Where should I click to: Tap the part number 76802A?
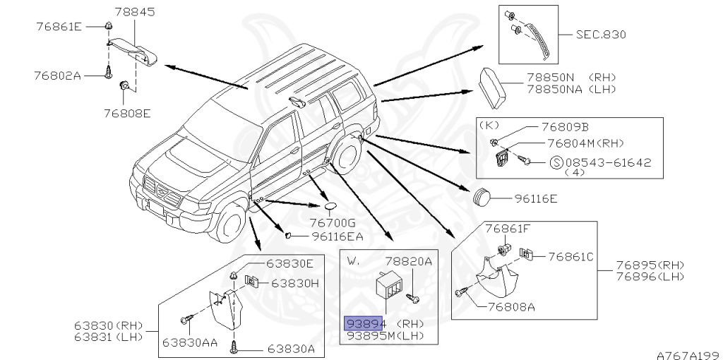click(59, 73)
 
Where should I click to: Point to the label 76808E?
click(127, 112)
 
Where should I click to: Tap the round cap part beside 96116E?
click(482, 197)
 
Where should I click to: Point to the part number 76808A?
click(510, 306)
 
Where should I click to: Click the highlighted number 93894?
click(364, 323)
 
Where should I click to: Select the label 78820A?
click(408, 260)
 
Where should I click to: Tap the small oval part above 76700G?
click(331, 207)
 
